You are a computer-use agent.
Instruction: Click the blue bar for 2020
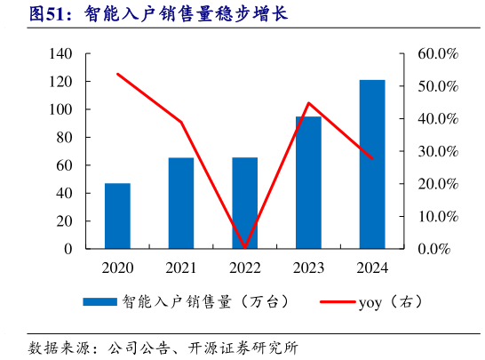(x=117, y=216)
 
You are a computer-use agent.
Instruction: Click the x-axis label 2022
(x=244, y=267)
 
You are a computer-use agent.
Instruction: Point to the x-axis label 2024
(x=372, y=267)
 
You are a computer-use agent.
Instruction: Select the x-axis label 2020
(x=117, y=267)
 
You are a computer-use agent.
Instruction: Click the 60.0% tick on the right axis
(x=437, y=54)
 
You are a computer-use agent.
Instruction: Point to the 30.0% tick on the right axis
(x=437, y=152)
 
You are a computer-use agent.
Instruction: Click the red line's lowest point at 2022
(x=244, y=247)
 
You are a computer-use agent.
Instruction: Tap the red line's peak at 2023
(x=308, y=103)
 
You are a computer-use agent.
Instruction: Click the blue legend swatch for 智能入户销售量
(x=100, y=302)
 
